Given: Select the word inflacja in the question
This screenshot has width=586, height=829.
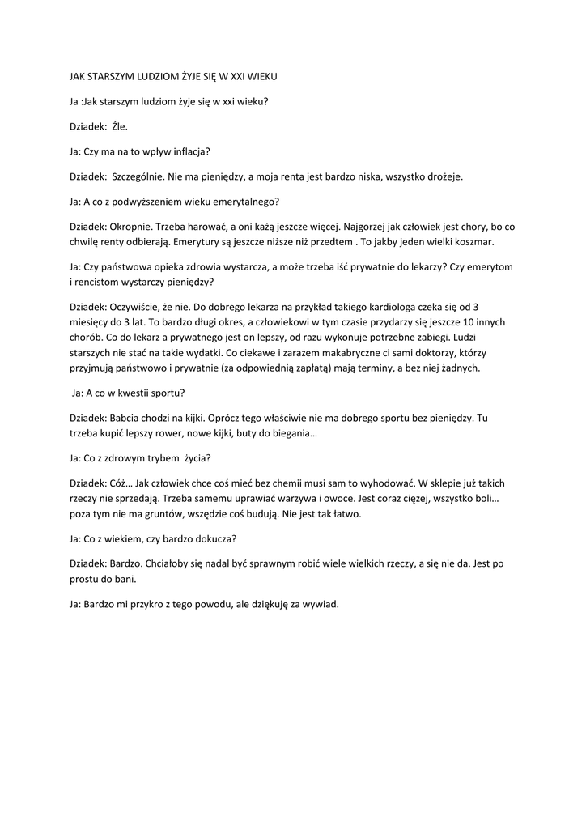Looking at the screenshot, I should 191,151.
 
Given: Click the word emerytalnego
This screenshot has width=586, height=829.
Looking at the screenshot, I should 244,201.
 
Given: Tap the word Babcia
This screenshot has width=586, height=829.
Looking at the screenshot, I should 125,418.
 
